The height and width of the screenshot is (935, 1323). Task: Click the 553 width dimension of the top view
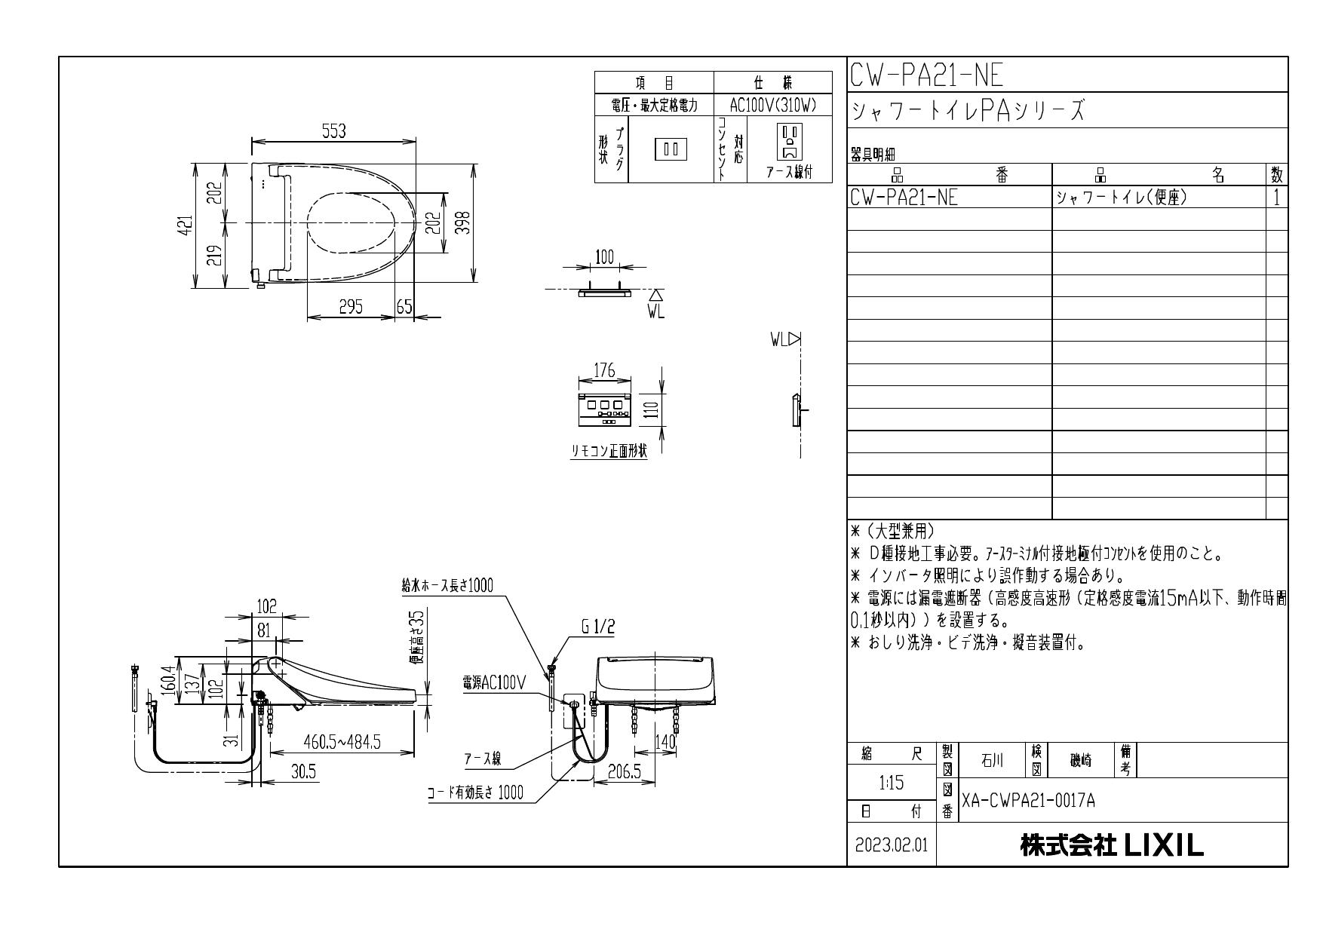333,131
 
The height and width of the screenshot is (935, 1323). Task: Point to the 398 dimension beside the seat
465,223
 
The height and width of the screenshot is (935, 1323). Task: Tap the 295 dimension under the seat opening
351,306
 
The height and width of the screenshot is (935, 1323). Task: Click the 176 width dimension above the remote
604,370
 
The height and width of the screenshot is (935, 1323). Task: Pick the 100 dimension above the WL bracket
604,257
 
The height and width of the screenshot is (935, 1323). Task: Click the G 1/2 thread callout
598,627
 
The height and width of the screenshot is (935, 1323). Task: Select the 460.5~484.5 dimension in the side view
341,742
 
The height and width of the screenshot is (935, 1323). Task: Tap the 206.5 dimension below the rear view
625,772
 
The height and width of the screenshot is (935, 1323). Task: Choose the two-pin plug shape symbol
671,149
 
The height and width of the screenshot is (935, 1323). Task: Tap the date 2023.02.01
892,845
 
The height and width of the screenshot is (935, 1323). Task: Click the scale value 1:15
892,783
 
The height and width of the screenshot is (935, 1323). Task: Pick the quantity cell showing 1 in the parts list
1276,198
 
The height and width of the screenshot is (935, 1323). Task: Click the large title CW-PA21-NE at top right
927,75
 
